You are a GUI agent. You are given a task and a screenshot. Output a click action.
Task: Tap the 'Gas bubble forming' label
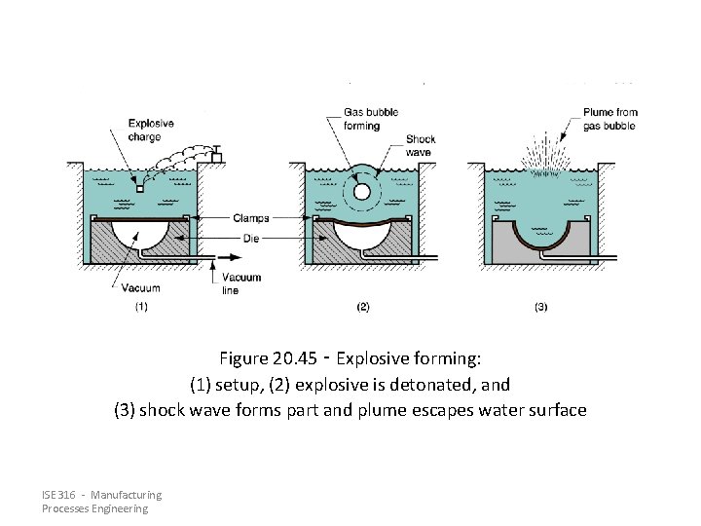371,119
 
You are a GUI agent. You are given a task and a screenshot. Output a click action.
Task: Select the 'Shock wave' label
421,145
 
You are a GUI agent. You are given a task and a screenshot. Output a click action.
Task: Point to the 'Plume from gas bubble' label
609,119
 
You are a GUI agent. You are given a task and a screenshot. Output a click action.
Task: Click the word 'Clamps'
251,217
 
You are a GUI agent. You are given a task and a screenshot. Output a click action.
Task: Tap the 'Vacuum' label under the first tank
140,288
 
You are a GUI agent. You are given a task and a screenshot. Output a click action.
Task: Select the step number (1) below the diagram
140,307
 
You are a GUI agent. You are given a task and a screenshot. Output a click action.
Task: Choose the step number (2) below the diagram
362,307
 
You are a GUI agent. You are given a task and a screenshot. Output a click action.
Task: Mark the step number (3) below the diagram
541,307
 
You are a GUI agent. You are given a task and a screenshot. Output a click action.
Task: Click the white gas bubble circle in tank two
362,192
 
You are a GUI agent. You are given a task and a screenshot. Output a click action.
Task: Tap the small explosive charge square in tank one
140,189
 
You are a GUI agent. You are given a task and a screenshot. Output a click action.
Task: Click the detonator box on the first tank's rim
217,157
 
